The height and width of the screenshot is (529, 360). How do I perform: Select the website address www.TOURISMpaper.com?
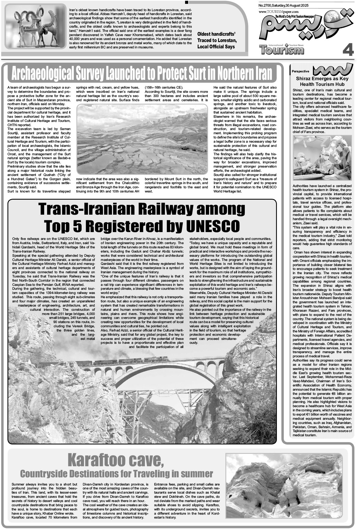point(276,11)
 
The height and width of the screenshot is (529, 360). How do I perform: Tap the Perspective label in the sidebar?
point(300,71)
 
